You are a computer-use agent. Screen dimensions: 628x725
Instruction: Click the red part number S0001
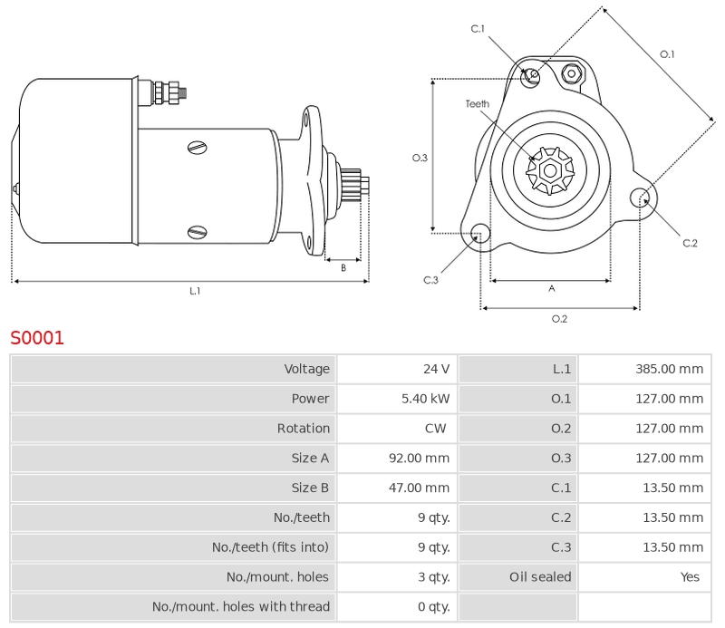click(37, 338)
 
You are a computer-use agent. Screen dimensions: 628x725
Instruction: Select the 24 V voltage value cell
click(436, 369)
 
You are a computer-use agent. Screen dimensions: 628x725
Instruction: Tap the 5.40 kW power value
click(426, 399)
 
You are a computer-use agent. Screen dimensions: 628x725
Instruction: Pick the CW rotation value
click(435, 429)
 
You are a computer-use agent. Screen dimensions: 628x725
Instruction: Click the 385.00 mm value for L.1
click(668, 369)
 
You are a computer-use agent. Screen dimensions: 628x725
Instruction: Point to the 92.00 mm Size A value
click(419, 459)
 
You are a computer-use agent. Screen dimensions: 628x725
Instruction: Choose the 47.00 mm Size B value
click(419, 488)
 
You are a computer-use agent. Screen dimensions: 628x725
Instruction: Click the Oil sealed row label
click(540, 577)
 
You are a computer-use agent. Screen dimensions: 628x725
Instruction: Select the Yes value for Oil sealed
click(691, 577)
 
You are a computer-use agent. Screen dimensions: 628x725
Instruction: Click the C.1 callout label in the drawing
click(478, 29)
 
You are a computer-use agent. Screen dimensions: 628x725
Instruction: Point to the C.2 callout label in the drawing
click(690, 243)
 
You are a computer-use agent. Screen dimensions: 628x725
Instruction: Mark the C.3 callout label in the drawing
click(430, 280)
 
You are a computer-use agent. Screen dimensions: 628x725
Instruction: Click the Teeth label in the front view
click(478, 104)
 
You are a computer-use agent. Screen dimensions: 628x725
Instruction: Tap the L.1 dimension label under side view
click(195, 291)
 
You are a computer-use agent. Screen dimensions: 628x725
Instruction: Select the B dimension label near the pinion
click(343, 267)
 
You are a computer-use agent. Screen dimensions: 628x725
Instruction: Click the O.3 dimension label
click(420, 158)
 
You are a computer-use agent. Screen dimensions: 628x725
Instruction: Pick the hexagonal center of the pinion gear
click(549, 169)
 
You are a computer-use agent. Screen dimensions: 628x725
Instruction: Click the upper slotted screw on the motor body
click(198, 147)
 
